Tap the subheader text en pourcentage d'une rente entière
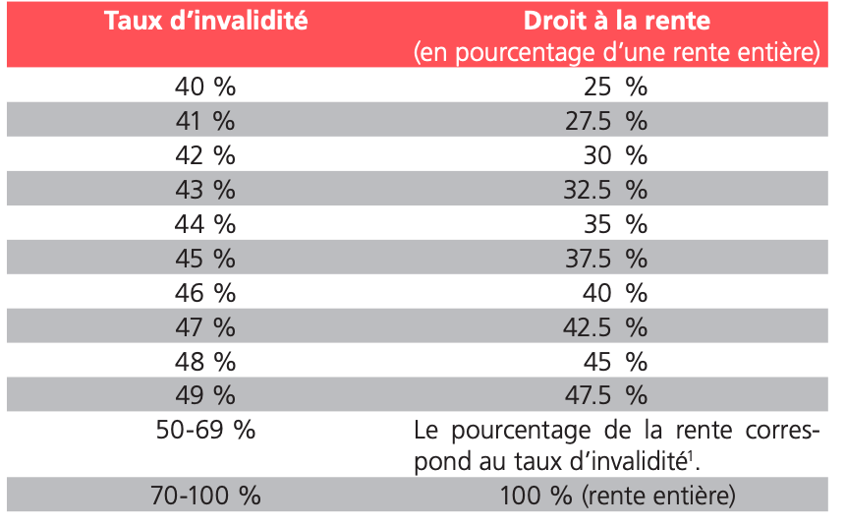click(x=616, y=52)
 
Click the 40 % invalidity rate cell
click(x=205, y=87)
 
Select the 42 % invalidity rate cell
click(x=205, y=155)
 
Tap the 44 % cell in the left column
click(x=205, y=224)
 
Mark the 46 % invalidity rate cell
click(x=205, y=293)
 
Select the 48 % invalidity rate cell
click(x=205, y=361)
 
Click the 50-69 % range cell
click(x=205, y=430)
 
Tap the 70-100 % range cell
click(x=205, y=496)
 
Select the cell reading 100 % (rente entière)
click(x=616, y=496)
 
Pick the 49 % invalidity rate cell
click(x=205, y=395)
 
